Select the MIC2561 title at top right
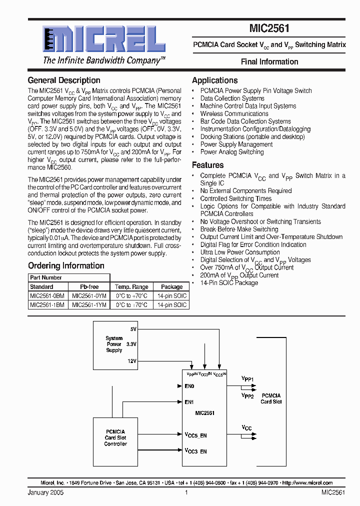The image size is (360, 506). tap(269, 29)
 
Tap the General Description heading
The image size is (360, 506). tap(64, 80)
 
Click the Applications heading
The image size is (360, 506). tap(214, 80)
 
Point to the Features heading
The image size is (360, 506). tap(207, 165)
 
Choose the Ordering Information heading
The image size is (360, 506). tap(66, 266)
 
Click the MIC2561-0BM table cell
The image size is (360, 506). tap(47, 296)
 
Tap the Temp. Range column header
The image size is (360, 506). tap(131, 287)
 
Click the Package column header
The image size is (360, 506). tap(171, 287)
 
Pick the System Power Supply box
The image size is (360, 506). tap(114, 344)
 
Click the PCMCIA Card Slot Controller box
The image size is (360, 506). tap(115, 437)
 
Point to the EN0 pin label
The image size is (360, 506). tap(189, 386)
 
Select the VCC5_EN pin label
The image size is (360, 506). tap(195, 435)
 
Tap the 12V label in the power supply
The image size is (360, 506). tap(131, 361)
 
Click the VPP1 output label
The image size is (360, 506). tap(248, 379)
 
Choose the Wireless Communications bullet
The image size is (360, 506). tap(234, 113)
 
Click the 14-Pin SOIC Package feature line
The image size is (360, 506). tap(229, 283)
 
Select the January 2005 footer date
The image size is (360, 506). tap(45, 492)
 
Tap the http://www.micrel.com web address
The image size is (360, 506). tap(307, 483)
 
